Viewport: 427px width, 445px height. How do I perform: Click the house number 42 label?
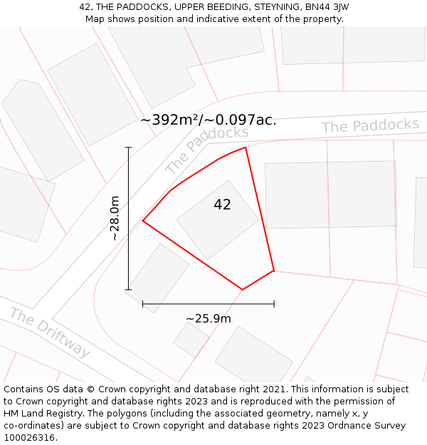pos(222,205)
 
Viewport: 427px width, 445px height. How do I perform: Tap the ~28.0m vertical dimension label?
pos(115,219)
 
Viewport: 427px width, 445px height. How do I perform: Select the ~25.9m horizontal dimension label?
pos(209,318)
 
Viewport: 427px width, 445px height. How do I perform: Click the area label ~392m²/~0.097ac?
pos(209,120)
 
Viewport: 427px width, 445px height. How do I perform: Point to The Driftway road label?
pos(50,333)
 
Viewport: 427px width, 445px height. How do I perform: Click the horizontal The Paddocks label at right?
pos(370,126)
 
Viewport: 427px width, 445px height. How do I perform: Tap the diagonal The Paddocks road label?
pos(206,150)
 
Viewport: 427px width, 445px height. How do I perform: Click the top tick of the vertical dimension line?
pos(129,147)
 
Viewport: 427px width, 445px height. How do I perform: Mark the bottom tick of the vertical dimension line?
pos(129,290)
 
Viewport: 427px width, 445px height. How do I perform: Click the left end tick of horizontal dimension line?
pos(143,304)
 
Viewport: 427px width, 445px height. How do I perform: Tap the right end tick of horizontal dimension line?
pos(274,304)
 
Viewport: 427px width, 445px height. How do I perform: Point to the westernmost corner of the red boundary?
pos(143,221)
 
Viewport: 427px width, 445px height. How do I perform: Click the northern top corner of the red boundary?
pos(246,147)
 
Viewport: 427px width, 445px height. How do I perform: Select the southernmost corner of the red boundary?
pos(243,290)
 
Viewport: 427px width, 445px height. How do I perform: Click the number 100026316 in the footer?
pos(29,438)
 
